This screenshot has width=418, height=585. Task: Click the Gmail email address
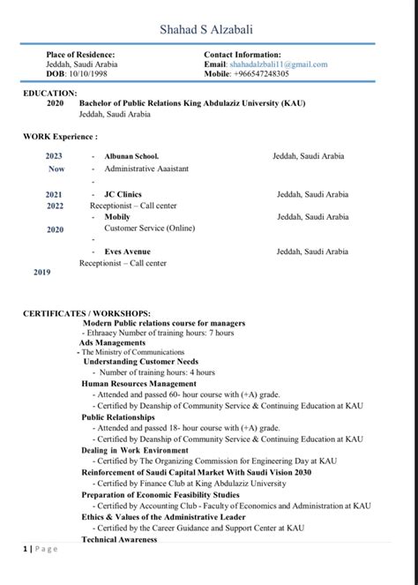278,65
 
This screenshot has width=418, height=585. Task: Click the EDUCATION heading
49,93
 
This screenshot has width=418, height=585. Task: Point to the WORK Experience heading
60,137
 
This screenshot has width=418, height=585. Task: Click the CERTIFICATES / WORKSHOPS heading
86,313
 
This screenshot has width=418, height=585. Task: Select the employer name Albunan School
131,156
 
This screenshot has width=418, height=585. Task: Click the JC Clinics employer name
123,194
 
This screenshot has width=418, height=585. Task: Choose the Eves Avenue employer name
127,251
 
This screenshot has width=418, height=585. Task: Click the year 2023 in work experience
55,156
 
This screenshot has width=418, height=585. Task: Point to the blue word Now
56,169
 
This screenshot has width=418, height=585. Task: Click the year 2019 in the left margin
42,273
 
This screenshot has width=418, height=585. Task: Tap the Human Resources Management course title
138,384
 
